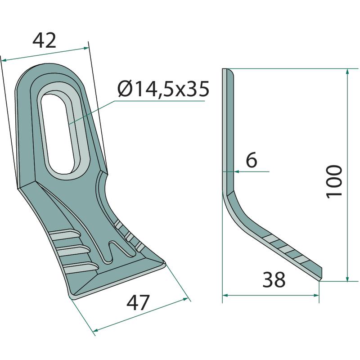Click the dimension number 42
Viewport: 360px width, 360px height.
[44, 40]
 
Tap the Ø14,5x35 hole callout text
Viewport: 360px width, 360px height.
[163, 89]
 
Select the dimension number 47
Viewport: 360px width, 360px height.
[138, 302]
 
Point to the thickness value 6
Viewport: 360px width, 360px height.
[252, 160]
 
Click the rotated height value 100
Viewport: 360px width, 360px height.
[334, 181]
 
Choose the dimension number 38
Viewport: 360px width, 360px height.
[274, 279]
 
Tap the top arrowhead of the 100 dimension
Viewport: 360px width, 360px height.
[347, 71]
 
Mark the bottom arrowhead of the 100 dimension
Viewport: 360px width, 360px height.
[347, 279]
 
